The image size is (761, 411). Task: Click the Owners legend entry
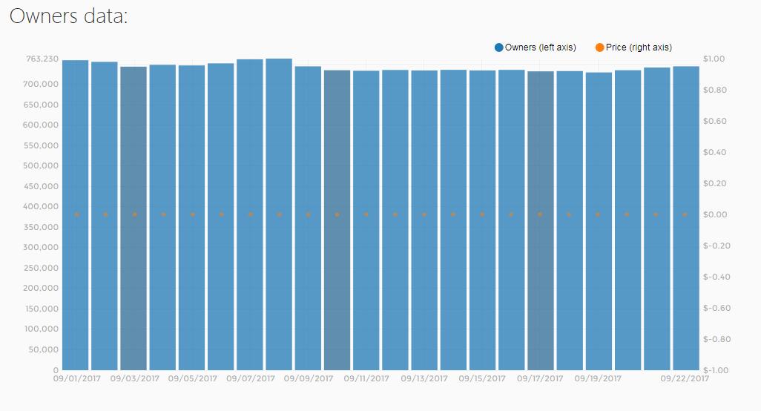[x=535, y=47]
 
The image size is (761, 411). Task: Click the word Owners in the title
[x=39, y=16]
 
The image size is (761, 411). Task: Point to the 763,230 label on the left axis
[x=42, y=59]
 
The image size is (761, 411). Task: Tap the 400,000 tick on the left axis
[x=42, y=206]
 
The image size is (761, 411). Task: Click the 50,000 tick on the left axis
[x=44, y=349]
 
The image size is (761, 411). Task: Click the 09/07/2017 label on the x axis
[x=251, y=378]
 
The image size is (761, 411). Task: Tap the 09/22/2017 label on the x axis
[x=685, y=378]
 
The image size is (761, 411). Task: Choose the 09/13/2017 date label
[x=424, y=378]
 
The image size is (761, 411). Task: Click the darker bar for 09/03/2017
[x=134, y=223]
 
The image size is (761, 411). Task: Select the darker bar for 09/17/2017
[x=540, y=223]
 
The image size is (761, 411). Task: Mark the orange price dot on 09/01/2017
[x=76, y=214]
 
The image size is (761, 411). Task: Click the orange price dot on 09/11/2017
[x=366, y=214]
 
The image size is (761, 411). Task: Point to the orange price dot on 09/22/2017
[x=685, y=214]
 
